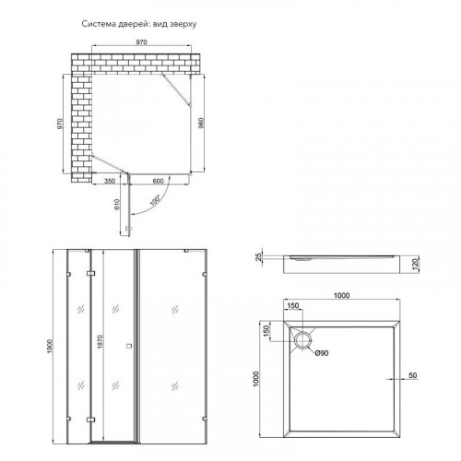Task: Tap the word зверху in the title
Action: [x=183, y=24]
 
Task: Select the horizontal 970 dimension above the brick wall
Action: [x=142, y=42]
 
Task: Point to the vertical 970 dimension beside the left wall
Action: [x=60, y=124]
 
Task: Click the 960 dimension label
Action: [x=201, y=123]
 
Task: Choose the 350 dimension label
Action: [x=110, y=181]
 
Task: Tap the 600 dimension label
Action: [x=158, y=181]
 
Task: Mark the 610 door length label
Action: [x=116, y=205]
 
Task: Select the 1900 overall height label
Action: [x=50, y=347]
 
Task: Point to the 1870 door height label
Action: [x=100, y=342]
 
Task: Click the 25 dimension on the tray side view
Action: [x=259, y=256]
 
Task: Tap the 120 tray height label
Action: [x=415, y=264]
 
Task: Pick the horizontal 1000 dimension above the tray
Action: [x=341, y=296]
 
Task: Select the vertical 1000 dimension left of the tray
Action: [x=256, y=379]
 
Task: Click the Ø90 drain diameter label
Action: [x=322, y=353]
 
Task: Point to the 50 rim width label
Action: [x=413, y=375]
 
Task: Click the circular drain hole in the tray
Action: [x=303, y=340]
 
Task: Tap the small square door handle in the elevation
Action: [x=129, y=346]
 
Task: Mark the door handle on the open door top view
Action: [x=128, y=229]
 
